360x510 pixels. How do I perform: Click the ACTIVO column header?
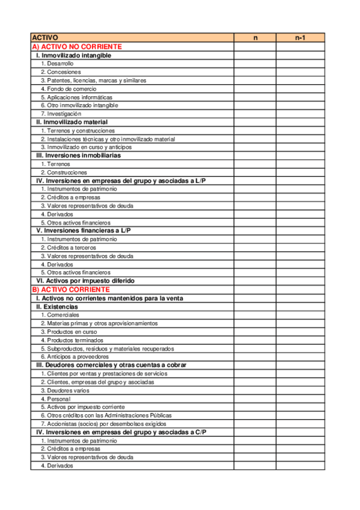point(45,37)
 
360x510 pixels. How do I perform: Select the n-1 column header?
point(300,37)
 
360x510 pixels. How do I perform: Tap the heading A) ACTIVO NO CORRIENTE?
point(77,46)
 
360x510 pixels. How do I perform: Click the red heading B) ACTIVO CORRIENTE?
point(71,289)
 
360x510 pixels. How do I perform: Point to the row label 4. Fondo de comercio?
point(69,88)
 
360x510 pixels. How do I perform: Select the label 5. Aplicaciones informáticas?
point(76,97)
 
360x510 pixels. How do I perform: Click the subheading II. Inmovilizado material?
point(72,122)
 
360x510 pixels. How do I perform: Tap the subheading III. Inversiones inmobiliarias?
point(78,155)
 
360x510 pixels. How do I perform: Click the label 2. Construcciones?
point(64,172)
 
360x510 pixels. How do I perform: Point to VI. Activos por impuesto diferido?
point(85,281)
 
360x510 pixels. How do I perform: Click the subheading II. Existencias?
point(57,307)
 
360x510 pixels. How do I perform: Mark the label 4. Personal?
point(55,399)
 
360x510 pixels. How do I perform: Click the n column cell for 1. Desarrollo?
point(255,63)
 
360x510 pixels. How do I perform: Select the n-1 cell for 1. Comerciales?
point(300,315)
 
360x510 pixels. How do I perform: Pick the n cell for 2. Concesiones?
point(255,72)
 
